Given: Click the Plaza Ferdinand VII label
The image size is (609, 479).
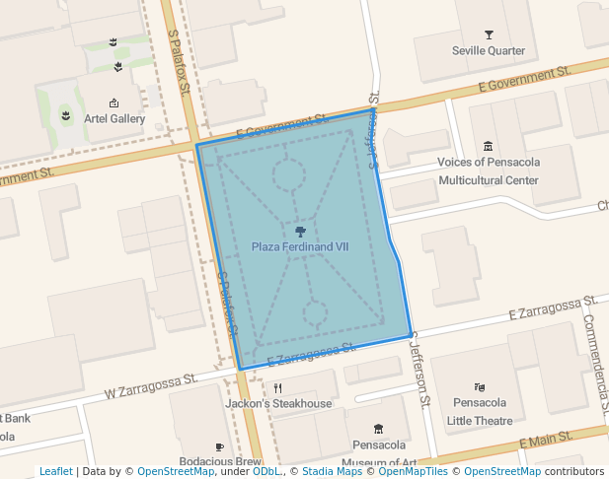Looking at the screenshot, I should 300,246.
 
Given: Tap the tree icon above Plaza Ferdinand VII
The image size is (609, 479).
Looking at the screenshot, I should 300,232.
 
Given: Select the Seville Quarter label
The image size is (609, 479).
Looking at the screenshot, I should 489,50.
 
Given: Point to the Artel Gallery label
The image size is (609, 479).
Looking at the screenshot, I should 114,119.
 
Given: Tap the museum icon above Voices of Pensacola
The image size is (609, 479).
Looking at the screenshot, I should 489,147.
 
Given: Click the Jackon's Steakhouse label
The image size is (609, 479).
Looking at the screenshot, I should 278,403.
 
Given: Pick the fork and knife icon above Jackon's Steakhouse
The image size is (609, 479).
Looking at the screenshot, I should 278,387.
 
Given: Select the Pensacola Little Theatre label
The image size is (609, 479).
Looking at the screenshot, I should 480,411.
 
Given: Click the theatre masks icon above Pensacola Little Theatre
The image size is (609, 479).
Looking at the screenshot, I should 480,386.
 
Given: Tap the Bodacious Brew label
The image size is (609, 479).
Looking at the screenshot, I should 220,461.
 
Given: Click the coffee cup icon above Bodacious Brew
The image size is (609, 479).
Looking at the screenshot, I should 220,446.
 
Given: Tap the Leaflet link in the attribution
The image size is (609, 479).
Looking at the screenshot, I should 56,471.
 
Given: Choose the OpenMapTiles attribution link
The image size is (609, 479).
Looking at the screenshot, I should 407,471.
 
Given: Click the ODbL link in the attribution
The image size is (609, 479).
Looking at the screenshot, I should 266,471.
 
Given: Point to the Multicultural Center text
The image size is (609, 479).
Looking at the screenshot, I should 489,180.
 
